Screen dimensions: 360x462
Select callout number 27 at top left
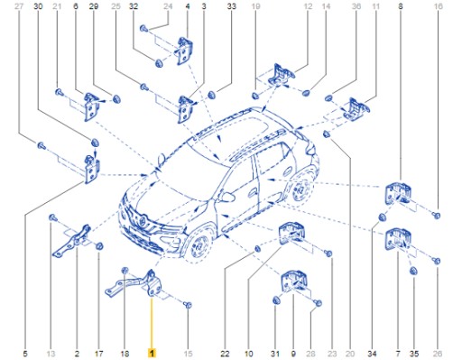coord(18,7)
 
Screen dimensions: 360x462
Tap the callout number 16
coord(439,7)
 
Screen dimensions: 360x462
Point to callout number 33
coord(232,7)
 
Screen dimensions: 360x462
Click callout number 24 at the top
coord(168,7)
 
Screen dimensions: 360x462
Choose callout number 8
coord(400,7)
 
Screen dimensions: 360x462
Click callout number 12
coord(308,7)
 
